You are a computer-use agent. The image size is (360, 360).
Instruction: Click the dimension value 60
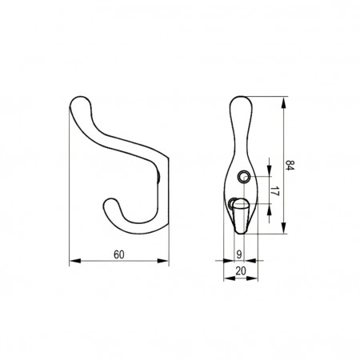119,254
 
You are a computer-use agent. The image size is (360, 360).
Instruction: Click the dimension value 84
290,166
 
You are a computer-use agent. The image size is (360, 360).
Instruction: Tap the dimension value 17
274,191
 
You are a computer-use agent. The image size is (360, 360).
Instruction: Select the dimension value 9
239,254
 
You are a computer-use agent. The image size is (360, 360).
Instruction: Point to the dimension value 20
241,271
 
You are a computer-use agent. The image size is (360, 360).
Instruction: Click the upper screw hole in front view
244,177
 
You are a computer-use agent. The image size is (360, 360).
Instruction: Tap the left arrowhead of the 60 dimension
75,261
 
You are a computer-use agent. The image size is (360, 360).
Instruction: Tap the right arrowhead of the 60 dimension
163,261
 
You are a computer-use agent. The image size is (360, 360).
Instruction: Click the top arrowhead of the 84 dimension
284,102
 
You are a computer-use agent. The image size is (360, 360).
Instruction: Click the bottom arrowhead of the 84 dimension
284,228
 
